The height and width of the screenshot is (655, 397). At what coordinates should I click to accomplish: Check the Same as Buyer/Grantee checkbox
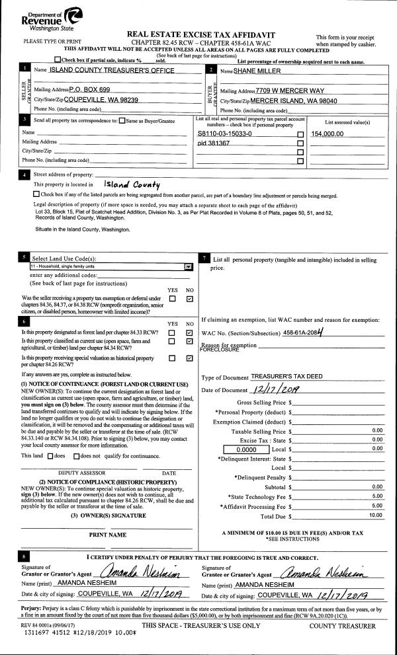coord(122,120)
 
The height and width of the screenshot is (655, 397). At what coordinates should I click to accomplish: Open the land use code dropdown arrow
coord(189,266)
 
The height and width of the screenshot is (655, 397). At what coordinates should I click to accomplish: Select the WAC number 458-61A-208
coord(306,334)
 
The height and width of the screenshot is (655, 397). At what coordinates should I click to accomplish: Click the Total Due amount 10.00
coord(376,514)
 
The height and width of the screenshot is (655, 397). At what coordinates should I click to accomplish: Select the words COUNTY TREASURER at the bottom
coord(342,625)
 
